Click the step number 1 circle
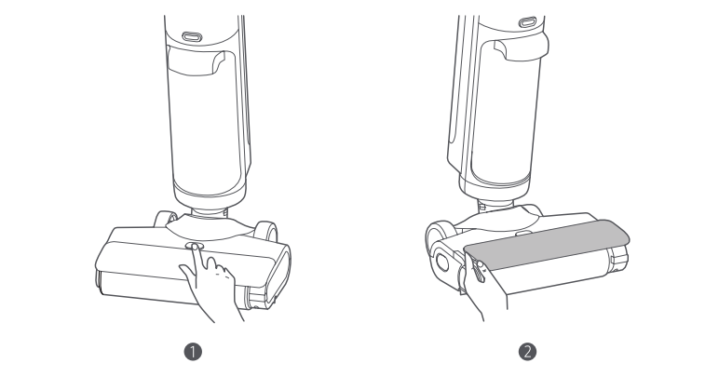point(193,352)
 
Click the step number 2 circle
point(527,352)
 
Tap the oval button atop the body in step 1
point(192,36)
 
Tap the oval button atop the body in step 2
point(527,22)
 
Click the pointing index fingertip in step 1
point(195,247)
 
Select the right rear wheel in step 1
point(267,231)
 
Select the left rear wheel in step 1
point(164,219)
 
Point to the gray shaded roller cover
point(547,245)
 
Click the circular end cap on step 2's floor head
point(443,263)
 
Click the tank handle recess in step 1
point(197,61)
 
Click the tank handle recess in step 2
point(521,48)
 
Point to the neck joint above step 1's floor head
point(210,212)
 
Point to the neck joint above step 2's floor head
point(496,204)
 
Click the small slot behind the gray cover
point(523,233)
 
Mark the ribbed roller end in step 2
point(618,259)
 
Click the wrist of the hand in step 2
point(495,307)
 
